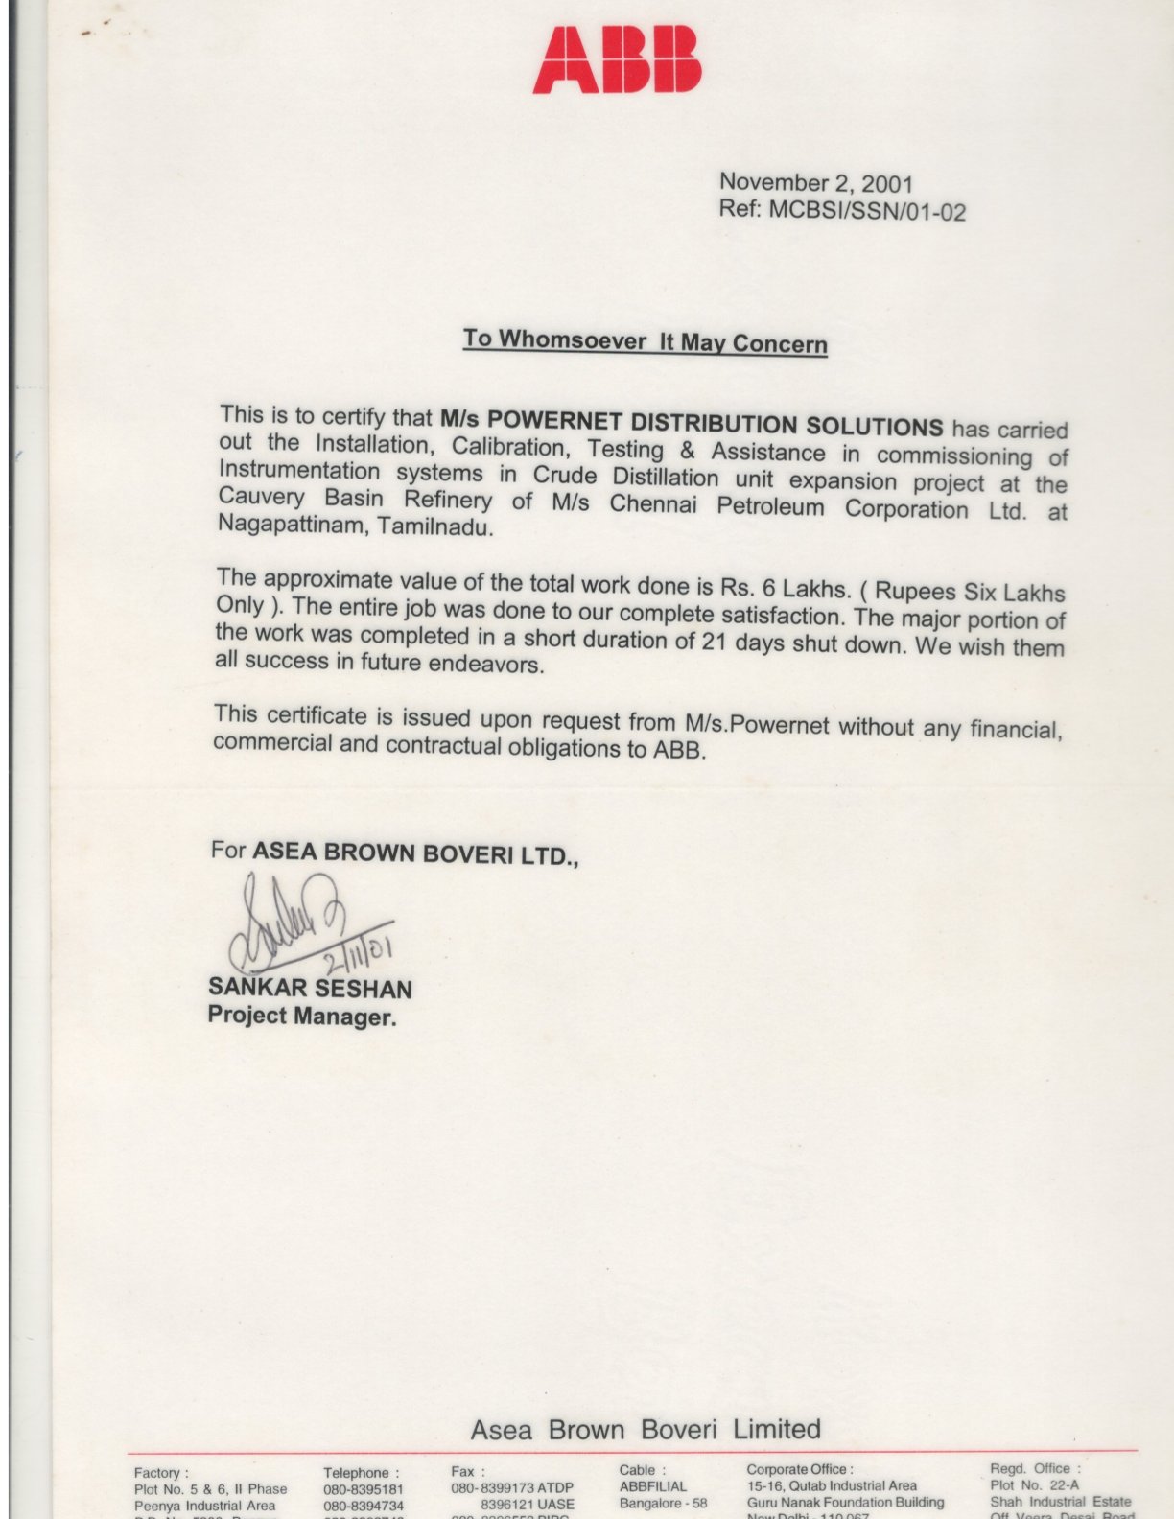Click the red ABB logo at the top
pyautogui.click(x=617, y=60)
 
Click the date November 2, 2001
pyautogui.click(x=815, y=182)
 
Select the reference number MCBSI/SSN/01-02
pyautogui.click(x=867, y=211)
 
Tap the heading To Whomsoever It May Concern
pyautogui.click(x=646, y=341)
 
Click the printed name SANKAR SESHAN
pyautogui.click(x=310, y=988)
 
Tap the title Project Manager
pyautogui.click(x=301, y=1017)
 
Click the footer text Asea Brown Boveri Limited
pyautogui.click(x=646, y=1429)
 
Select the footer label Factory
pyautogui.click(x=159, y=1472)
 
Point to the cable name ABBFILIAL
pyautogui.click(x=653, y=1486)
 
